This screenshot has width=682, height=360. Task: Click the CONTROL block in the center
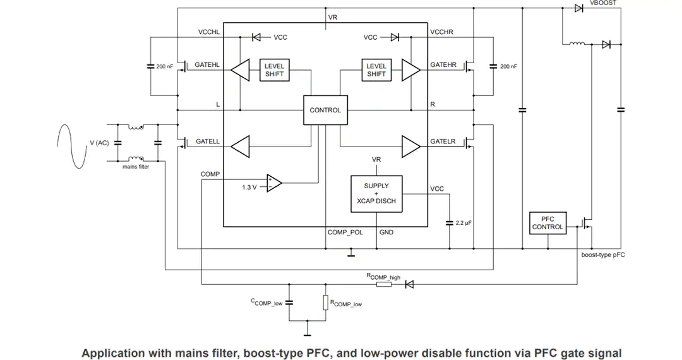[325, 110]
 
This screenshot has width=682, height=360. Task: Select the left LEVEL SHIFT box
[275, 70]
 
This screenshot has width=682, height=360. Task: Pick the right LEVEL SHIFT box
[376, 70]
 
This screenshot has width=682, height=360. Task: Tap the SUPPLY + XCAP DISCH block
[376, 194]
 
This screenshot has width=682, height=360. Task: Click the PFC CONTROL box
[547, 223]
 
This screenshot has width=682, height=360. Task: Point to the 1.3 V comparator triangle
[274, 183]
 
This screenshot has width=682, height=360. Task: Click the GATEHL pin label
[207, 65]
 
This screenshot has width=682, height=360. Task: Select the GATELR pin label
[443, 141]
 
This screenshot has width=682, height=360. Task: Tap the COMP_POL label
[345, 232]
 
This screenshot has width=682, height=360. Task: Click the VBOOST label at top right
[603, 3]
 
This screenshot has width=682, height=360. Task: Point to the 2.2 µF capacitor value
[464, 222]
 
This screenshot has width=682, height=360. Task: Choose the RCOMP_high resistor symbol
[384, 284]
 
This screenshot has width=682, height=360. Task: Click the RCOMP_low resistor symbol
[325, 302]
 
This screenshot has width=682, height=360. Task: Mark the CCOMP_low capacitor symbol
[289, 302]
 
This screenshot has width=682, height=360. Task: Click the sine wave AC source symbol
[71, 147]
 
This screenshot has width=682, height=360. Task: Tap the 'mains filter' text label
[136, 167]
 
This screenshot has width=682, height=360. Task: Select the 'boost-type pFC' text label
[603, 255]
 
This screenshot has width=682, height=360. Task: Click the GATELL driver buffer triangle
[240, 147]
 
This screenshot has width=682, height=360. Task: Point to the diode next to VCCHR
[395, 37]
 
